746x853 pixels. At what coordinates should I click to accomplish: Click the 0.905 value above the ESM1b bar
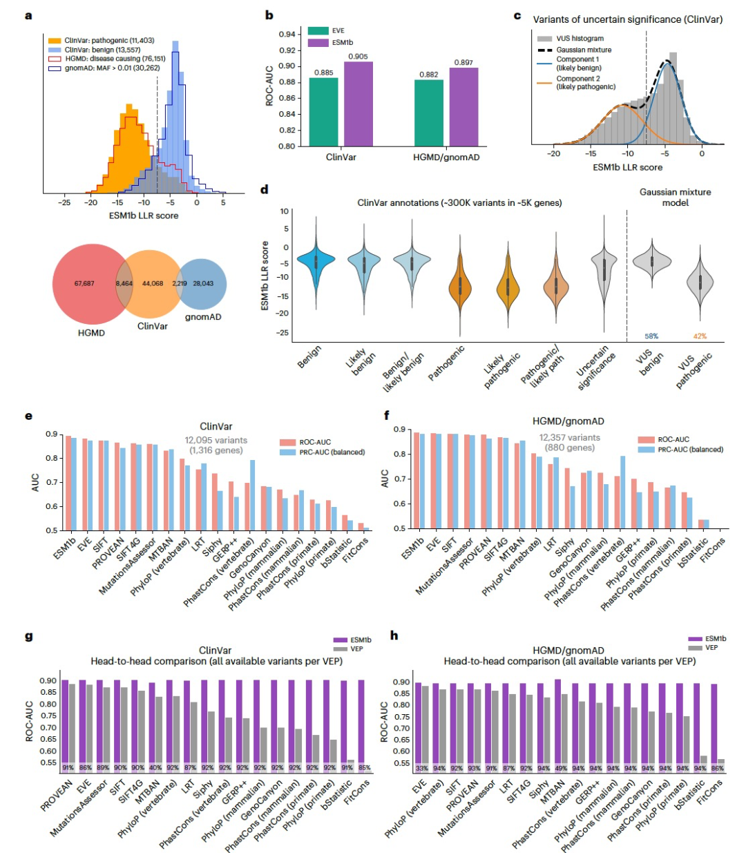click(x=358, y=57)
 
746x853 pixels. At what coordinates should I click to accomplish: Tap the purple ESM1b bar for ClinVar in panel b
click(x=358, y=104)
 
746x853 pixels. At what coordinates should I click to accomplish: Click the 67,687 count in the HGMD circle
click(x=84, y=284)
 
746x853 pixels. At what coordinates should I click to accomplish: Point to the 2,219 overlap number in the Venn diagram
click(x=180, y=284)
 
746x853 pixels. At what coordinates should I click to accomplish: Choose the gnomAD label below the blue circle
click(x=203, y=317)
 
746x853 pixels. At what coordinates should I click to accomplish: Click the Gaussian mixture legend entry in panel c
click(x=583, y=50)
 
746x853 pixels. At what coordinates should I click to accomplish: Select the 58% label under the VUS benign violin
click(x=651, y=336)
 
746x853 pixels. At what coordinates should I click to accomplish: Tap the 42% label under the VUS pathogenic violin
click(x=699, y=336)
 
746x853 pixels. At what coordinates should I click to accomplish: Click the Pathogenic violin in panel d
click(x=459, y=283)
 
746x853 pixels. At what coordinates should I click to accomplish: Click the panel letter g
click(x=28, y=635)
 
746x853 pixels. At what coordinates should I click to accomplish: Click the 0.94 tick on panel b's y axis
click(x=287, y=34)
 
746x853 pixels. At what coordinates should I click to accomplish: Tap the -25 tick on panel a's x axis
click(x=64, y=203)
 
